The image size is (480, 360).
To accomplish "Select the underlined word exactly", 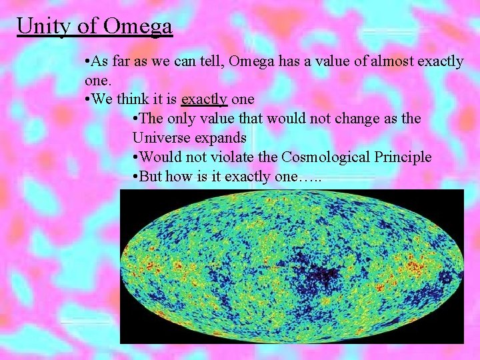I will [x=205, y=99].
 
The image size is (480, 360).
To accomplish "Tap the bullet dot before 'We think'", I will [x=89, y=100].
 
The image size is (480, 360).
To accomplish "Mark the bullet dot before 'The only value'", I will [x=136, y=119].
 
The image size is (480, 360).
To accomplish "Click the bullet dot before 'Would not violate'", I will [x=136, y=158].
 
